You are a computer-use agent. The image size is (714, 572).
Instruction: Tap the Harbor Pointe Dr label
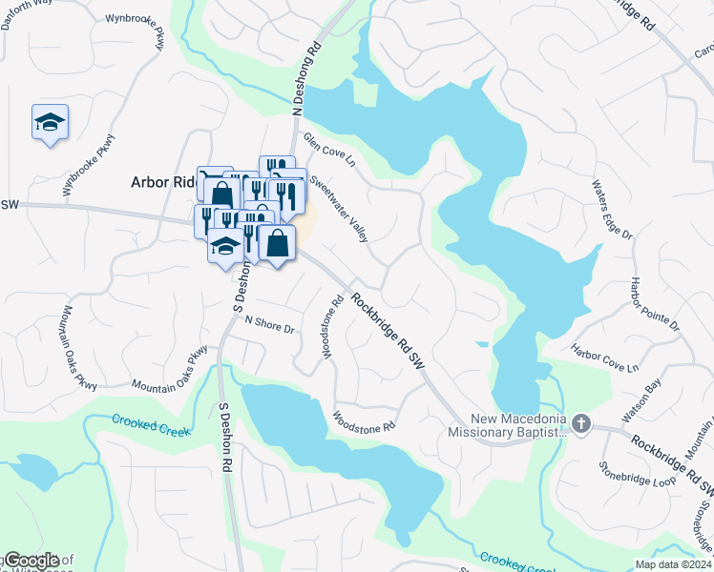click(x=655, y=304)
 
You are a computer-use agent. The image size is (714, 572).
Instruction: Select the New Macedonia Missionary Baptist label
click(x=508, y=425)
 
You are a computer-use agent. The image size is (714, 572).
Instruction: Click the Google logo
click(x=31, y=561)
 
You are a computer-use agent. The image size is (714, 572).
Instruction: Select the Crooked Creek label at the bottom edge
click(x=516, y=562)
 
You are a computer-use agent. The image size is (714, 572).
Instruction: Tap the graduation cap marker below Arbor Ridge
click(x=224, y=248)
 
